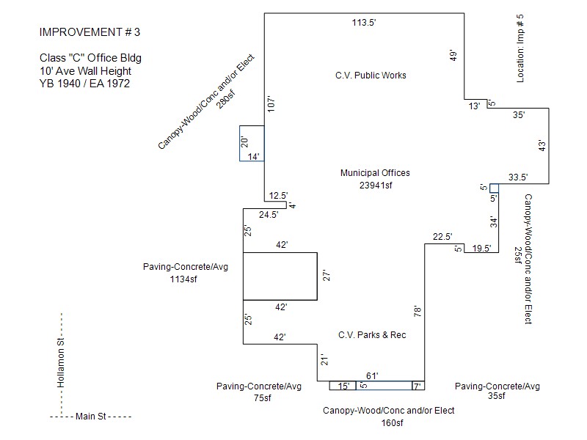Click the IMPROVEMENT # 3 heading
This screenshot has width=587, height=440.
coord(90,32)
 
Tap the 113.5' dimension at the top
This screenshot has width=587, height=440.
coord(363,23)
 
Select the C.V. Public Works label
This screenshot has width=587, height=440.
coord(371,76)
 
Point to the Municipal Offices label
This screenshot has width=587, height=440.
coord(375,173)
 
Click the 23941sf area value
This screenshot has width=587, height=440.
coord(376,186)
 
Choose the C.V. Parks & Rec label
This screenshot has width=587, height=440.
coord(372,335)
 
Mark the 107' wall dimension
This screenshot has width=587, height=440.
coord(271,104)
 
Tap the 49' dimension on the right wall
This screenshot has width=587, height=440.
coord(453,56)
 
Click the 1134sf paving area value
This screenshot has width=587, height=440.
coord(183,279)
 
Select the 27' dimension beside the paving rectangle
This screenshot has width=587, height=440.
coord(327,276)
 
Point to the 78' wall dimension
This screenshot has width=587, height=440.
coord(418,311)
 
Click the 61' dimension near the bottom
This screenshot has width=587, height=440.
coord(372,375)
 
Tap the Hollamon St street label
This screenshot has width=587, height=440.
coord(61,362)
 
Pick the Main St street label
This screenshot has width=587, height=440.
coord(90,416)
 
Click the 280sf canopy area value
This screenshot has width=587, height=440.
coord(226,99)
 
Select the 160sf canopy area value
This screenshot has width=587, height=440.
coord(393,423)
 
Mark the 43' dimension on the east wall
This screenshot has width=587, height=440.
coord(542,145)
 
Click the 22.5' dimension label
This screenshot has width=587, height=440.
coord(442,236)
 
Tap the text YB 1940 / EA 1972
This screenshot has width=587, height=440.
coord(84,84)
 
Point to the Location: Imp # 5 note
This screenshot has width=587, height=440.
coord(520,48)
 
